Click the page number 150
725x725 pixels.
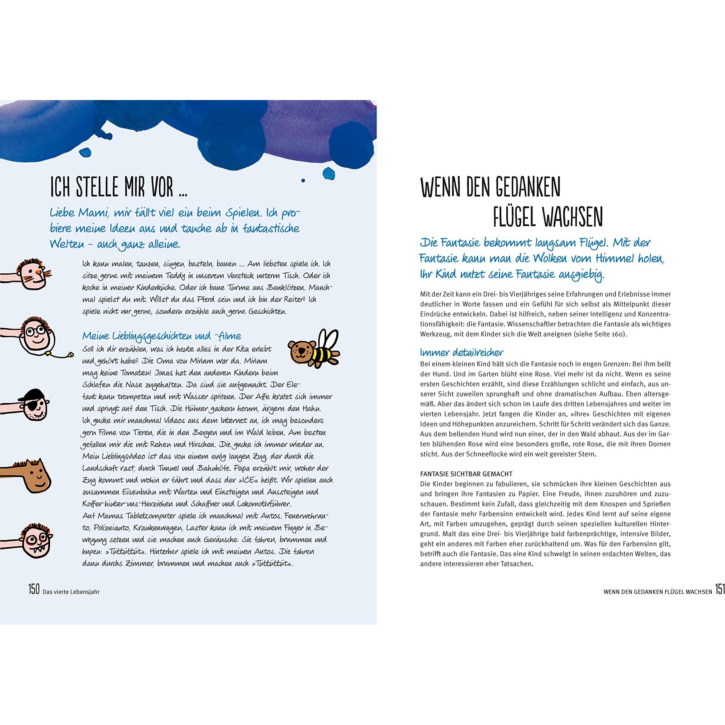[x=34, y=589]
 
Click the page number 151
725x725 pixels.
[x=719, y=589]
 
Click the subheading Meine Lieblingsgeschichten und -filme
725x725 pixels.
[x=162, y=336]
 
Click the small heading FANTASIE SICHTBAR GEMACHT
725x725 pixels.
[x=466, y=474]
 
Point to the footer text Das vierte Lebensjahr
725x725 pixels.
[x=71, y=591]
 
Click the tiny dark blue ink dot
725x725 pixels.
[x=303, y=180]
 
